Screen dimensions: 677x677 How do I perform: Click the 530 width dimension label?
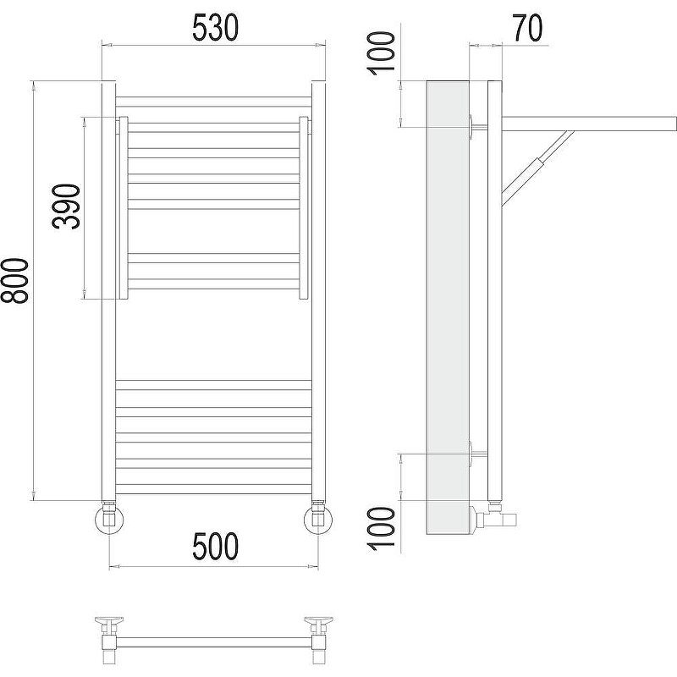point(215,28)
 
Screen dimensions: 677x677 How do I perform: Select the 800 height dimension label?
point(14,282)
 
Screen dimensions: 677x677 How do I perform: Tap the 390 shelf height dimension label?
point(67,206)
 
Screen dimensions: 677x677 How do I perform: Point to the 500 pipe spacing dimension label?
point(215,546)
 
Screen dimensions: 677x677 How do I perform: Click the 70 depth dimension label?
point(527,29)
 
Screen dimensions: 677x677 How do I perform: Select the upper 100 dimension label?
point(381,53)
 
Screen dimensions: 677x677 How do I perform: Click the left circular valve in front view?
point(109,519)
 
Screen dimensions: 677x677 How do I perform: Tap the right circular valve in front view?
point(319,519)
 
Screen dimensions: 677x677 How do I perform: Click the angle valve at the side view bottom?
point(493,515)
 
